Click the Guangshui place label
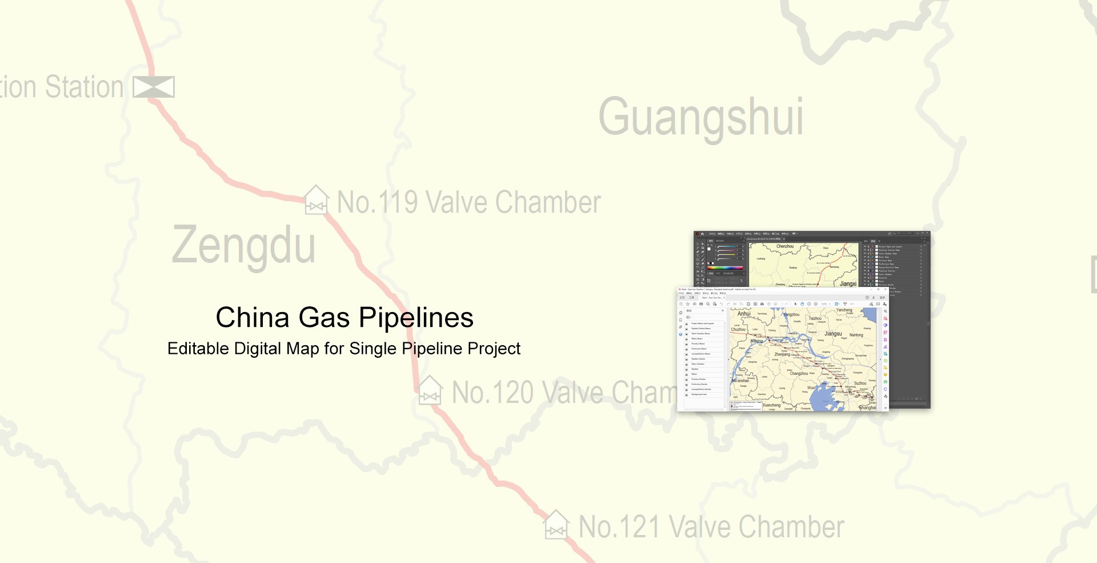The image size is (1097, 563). [x=700, y=118]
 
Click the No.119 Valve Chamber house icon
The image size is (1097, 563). [x=316, y=200]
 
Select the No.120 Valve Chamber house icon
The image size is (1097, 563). [x=430, y=391]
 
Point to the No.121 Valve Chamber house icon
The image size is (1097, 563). [x=556, y=525]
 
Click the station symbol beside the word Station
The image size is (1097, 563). [x=154, y=87]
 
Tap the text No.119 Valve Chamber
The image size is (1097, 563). [x=469, y=202]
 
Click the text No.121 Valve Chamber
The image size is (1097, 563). [x=711, y=527]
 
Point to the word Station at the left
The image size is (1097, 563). [x=84, y=87]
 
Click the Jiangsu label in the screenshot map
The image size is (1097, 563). [x=833, y=334]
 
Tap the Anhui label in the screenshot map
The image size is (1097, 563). [x=744, y=314]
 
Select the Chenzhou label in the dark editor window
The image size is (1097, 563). [x=784, y=246]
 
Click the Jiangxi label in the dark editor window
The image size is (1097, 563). [x=848, y=284]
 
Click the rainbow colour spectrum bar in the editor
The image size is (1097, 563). [x=725, y=267]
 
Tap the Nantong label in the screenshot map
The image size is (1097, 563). [x=856, y=335]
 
